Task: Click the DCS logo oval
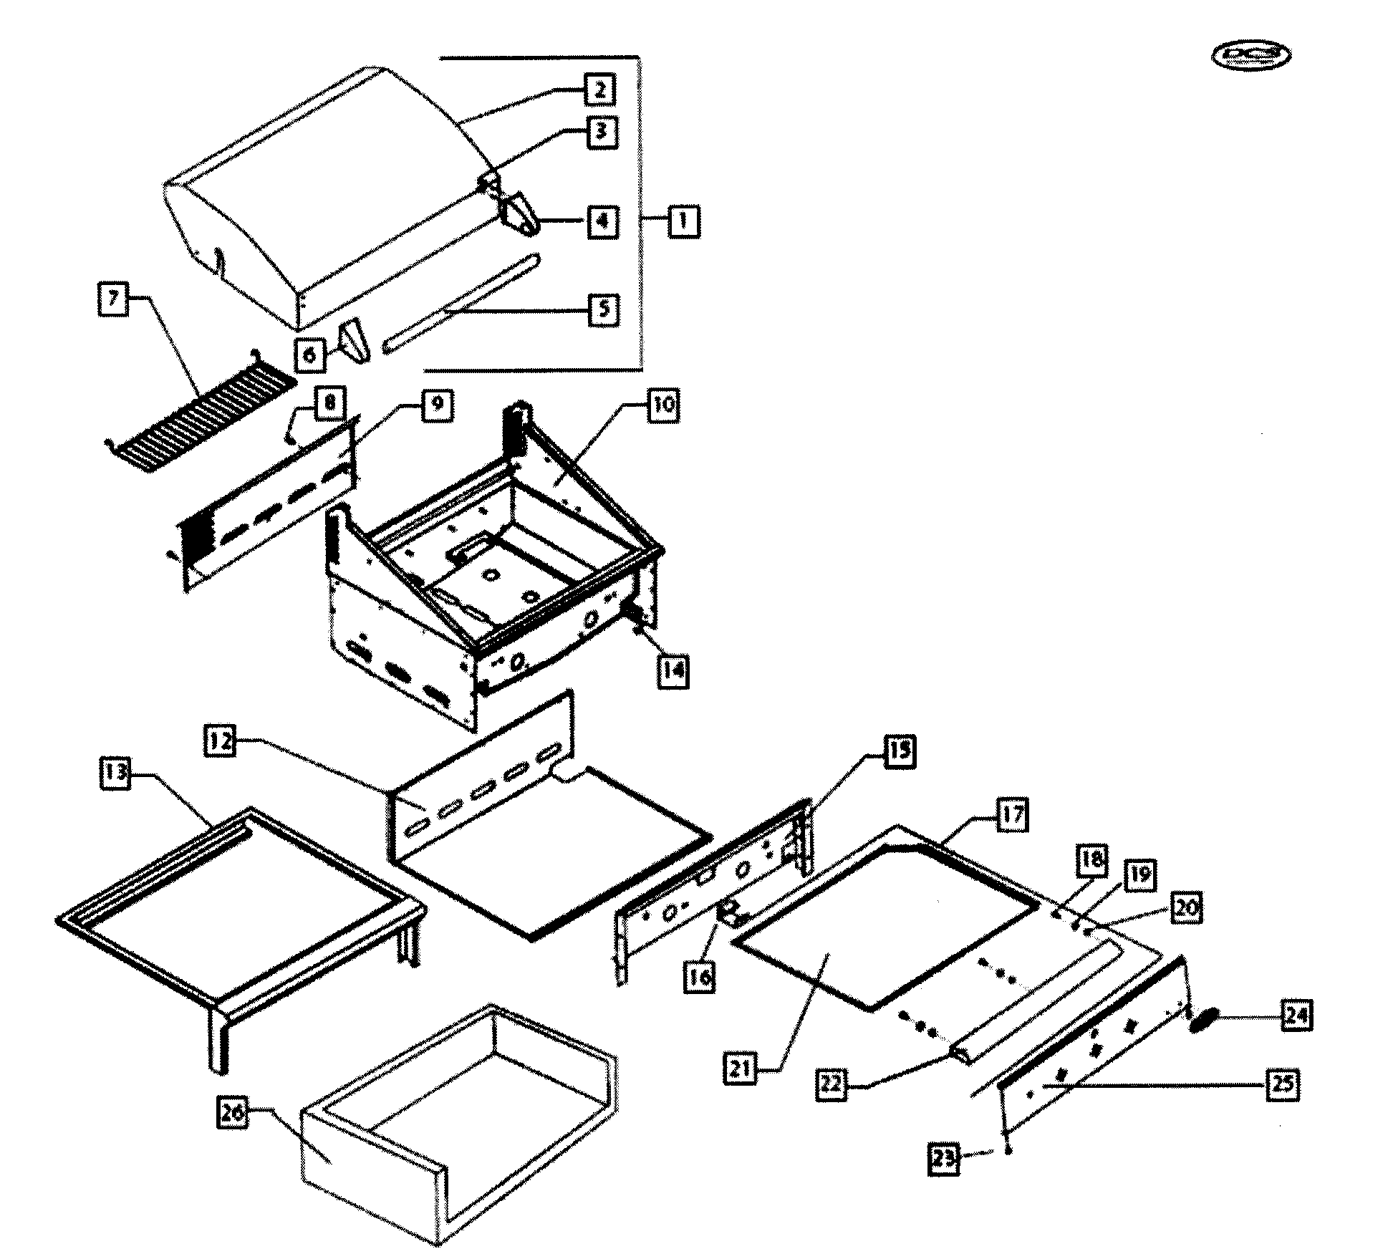[1250, 56]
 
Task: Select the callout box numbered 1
[683, 221]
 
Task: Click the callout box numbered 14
[673, 671]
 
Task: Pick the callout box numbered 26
[233, 1114]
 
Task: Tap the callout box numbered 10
[663, 405]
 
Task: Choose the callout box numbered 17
[1011, 815]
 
